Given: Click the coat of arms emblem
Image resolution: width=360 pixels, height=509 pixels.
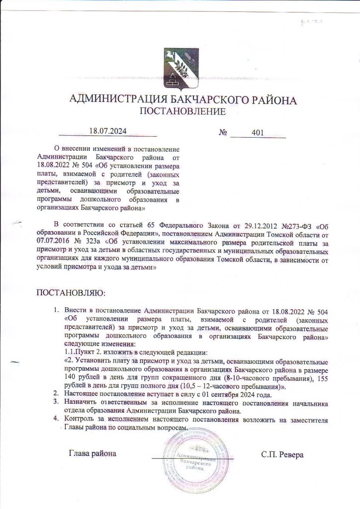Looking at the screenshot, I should tap(180, 69).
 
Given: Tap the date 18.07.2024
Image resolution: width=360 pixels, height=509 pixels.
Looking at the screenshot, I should tap(108, 131).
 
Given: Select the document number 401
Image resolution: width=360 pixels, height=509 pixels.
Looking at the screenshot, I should tap(258, 132).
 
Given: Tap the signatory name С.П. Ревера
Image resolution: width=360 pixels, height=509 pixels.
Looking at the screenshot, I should tap(282, 454).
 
